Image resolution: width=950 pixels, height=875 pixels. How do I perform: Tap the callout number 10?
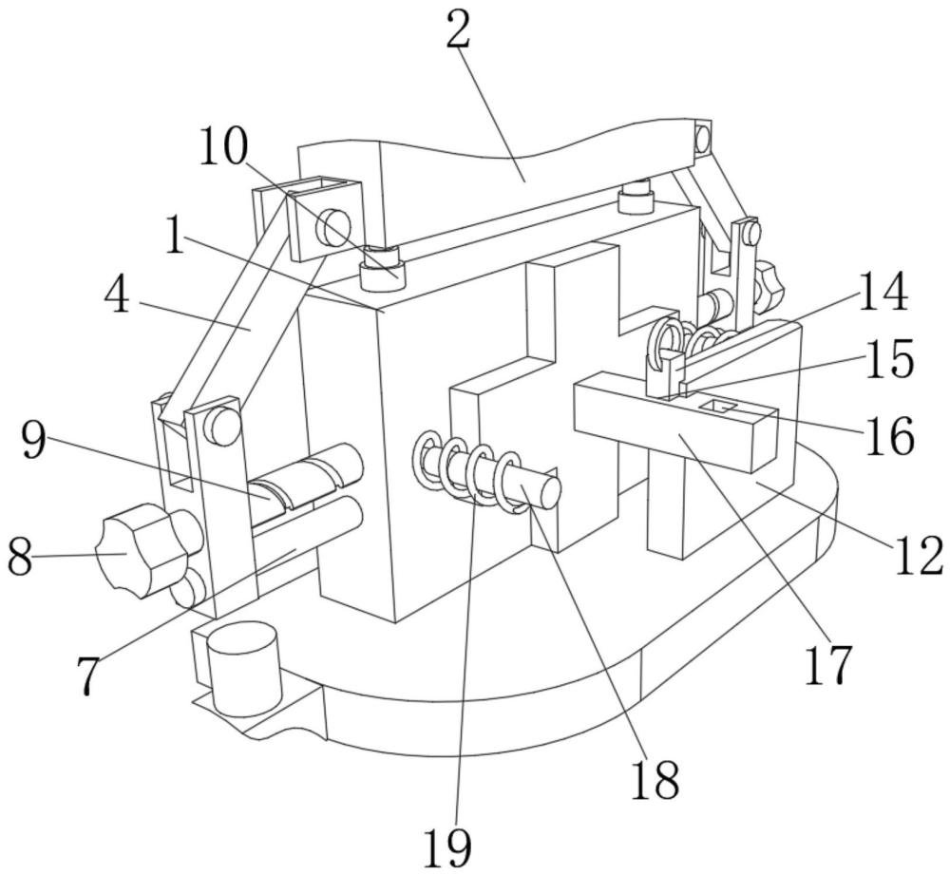pos(223,146)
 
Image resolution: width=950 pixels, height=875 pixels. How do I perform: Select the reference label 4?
pos(116,297)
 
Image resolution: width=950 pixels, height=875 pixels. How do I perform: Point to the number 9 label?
pos(33,441)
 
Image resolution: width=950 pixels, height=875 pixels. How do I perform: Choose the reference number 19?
pos(447,848)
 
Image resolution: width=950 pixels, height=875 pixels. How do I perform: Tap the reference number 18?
pos(655,780)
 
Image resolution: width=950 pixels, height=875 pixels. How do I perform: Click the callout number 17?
pos(828,665)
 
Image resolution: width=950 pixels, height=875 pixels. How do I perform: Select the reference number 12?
pos(918,556)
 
